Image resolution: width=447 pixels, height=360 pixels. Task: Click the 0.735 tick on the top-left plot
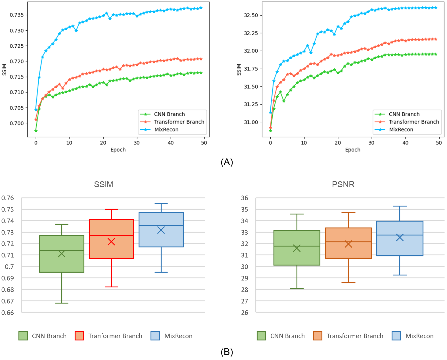(17, 15)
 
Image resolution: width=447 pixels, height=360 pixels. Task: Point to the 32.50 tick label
(251, 15)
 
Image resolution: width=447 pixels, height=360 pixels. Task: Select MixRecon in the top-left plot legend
(166, 130)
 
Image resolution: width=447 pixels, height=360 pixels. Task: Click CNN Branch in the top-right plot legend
(404, 114)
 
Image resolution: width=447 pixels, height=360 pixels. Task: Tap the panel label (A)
(227, 162)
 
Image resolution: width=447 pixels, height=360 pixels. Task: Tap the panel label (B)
(227, 352)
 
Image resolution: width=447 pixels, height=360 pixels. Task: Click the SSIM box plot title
(104, 184)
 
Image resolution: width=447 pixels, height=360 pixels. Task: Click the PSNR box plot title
(343, 184)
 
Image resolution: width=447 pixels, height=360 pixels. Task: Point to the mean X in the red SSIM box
(111, 242)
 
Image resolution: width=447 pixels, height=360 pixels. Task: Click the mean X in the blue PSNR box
(400, 237)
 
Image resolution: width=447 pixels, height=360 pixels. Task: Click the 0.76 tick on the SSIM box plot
(8, 198)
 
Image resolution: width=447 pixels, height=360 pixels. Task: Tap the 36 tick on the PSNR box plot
(245, 198)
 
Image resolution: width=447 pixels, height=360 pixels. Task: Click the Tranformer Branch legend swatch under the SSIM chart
(79, 336)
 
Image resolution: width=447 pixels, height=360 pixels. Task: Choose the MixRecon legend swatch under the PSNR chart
(396, 336)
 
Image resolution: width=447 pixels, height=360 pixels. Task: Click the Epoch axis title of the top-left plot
(118, 150)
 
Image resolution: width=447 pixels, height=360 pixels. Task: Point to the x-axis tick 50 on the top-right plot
(439, 143)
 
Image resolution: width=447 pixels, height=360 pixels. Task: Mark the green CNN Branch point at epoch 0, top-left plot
(36, 131)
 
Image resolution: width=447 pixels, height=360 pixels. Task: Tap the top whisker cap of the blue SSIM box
(161, 204)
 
